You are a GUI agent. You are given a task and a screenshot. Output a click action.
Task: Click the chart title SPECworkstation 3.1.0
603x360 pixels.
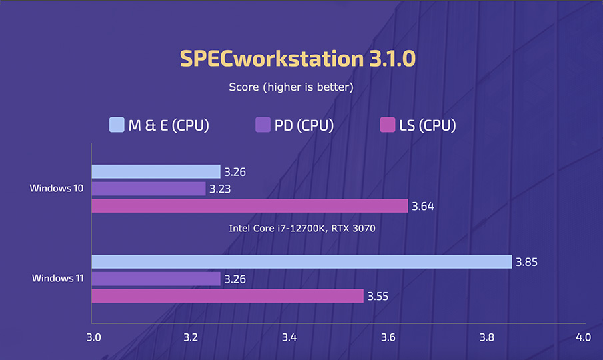click(x=297, y=59)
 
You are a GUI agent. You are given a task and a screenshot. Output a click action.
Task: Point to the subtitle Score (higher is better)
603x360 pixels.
click(x=291, y=87)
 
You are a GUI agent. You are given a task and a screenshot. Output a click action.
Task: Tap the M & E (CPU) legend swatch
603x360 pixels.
click(x=117, y=125)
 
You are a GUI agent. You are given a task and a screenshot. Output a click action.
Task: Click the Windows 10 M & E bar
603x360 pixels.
click(x=155, y=171)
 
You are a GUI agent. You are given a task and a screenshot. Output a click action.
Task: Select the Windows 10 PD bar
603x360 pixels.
click(x=148, y=189)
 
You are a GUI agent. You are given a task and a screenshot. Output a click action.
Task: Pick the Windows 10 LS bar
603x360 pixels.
click(x=249, y=205)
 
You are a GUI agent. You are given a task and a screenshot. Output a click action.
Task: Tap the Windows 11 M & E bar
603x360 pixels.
click(x=301, y=261)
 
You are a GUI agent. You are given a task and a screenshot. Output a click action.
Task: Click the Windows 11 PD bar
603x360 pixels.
click(x=155, y=279)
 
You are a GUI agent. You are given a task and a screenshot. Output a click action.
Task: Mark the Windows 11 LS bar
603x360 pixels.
click(x=227, y=295)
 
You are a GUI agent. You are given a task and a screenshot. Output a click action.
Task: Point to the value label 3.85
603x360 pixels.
click(x=526, y=262)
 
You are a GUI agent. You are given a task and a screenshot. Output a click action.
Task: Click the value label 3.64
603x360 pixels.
click(x=423, y=206)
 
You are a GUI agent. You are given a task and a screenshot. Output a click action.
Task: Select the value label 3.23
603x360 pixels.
click(x=220, y=189)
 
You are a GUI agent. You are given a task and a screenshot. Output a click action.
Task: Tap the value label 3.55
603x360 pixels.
click(x=378, y=296)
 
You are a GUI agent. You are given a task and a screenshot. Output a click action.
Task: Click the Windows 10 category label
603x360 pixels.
click(x=57, y=189)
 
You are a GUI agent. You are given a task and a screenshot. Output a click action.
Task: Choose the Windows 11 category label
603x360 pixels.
click(x=58, y=278)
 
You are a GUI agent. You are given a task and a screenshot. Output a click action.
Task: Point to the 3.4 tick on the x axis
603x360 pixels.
click(x=289, y=337)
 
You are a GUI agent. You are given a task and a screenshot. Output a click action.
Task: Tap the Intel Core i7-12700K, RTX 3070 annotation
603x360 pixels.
click(x=302, y=229)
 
